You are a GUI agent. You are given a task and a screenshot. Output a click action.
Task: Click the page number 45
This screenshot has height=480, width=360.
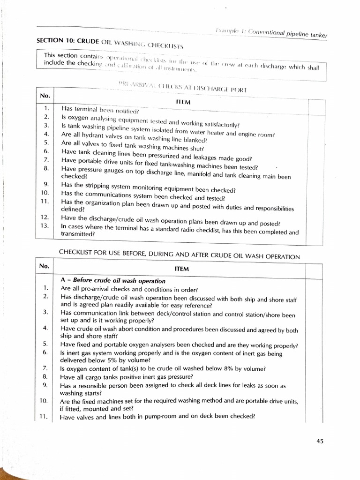tap(320, 441)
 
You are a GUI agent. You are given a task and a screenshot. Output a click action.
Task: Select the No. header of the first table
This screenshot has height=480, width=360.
tap(45, 95)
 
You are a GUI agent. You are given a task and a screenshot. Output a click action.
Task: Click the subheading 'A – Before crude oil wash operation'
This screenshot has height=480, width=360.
tap(112, 281)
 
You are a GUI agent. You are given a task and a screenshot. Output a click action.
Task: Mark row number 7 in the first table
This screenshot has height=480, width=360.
tap(46, 159)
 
